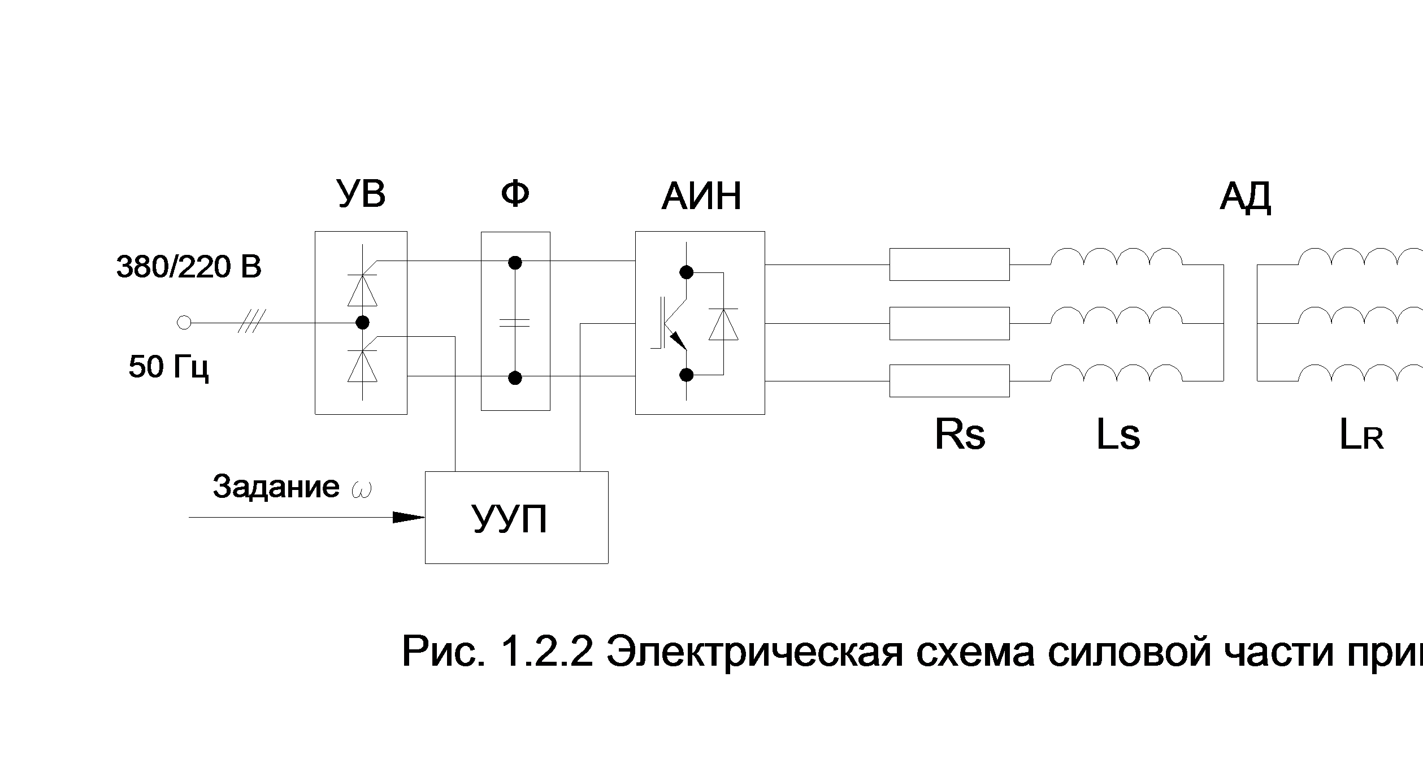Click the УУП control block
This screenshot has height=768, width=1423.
[x=516, y=518]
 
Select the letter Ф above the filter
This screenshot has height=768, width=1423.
[x=515, y=194]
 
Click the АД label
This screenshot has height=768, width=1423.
[x=1245, y=197]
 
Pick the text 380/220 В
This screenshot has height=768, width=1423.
[x=189, y=267]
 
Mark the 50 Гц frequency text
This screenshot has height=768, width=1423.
[x=168, y=367]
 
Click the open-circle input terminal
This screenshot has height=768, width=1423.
[x=184, y=323]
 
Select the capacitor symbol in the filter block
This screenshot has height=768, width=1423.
[x=515, y=323]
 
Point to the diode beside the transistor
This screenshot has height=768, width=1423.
[x=723, y=324]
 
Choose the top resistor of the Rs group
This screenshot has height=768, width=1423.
[x=949, y=264]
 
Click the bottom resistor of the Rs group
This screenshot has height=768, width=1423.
[x=949, y=381]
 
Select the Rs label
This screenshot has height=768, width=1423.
[x=960, y=435]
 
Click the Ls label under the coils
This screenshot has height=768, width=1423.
[x=1117, y=435]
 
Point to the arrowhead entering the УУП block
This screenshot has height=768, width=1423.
[x=409, y=517]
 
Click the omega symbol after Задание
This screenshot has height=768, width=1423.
[x=361, y=489]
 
